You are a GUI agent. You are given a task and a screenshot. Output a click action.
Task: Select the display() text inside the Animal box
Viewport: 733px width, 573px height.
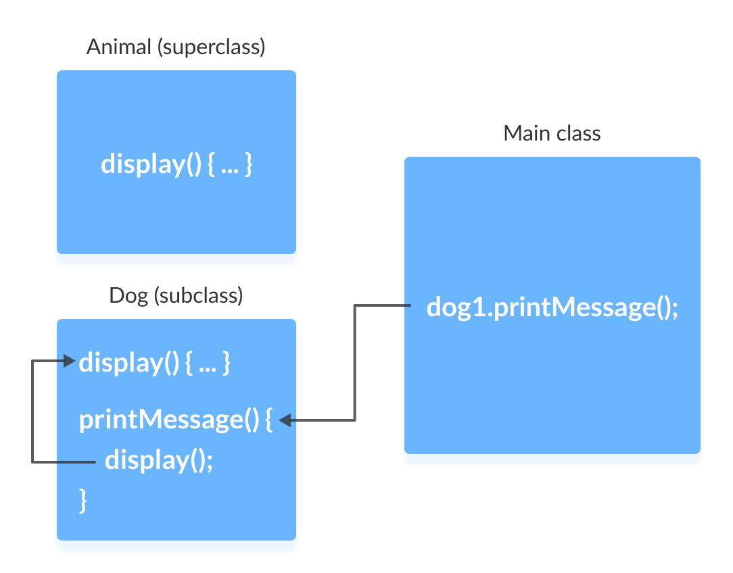[x=151, y=164]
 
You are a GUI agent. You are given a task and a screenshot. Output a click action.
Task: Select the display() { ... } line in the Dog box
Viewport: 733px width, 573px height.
[x=155, y=363]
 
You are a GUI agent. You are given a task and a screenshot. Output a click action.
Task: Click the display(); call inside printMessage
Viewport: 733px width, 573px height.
[x=159, y=461]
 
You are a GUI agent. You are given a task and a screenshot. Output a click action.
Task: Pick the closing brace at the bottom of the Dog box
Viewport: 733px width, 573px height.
[x=84, y=501]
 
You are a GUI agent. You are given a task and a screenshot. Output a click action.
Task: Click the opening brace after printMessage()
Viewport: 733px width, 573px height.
[x=268, y=420]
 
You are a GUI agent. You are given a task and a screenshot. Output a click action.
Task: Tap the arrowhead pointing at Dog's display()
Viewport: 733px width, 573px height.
[x=69, y=362]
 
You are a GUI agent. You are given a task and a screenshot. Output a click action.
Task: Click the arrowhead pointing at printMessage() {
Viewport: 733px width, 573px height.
[x=285, y=420]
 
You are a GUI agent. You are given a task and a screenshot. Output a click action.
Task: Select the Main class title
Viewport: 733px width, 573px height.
[x=552, y=133]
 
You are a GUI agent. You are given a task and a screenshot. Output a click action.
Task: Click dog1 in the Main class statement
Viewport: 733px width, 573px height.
[x=455, y=307]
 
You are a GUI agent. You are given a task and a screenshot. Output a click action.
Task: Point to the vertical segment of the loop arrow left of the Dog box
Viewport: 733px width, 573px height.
[x=32, y=412]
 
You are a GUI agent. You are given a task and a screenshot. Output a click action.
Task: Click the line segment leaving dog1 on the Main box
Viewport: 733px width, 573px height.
[x=383, y=306]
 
